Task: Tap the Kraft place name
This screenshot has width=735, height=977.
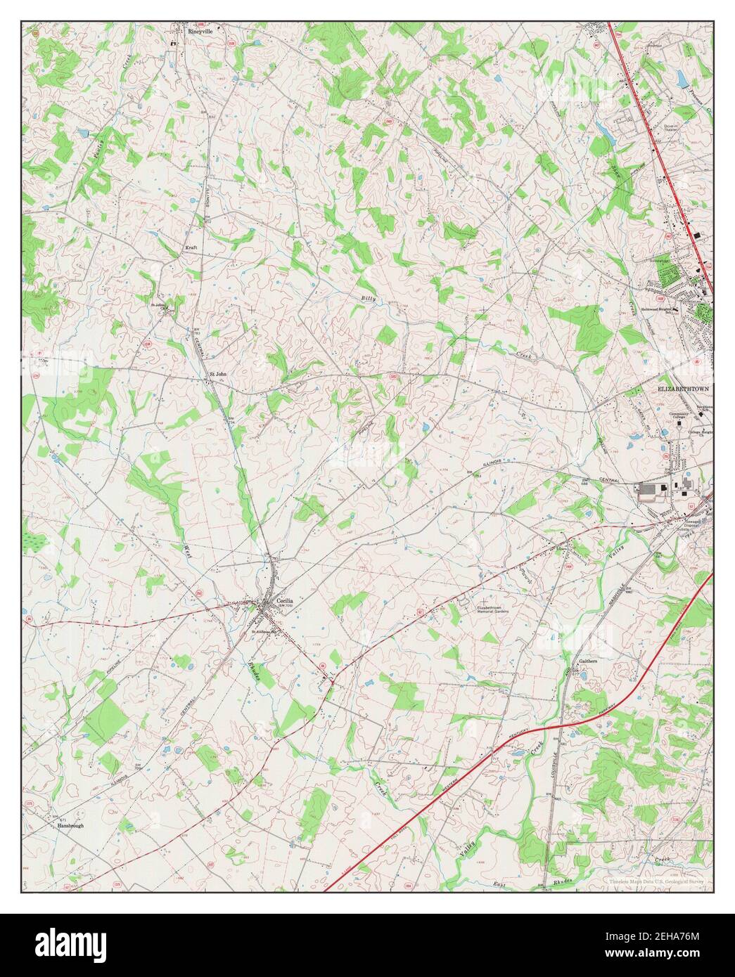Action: click(190, 247)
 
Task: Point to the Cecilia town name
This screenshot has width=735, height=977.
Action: click(284, 601)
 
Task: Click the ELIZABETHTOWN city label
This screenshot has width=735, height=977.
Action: click(684, 389)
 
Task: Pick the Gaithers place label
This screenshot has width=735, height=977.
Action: click(588, 661)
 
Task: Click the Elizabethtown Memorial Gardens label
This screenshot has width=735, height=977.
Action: click(492, 609)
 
